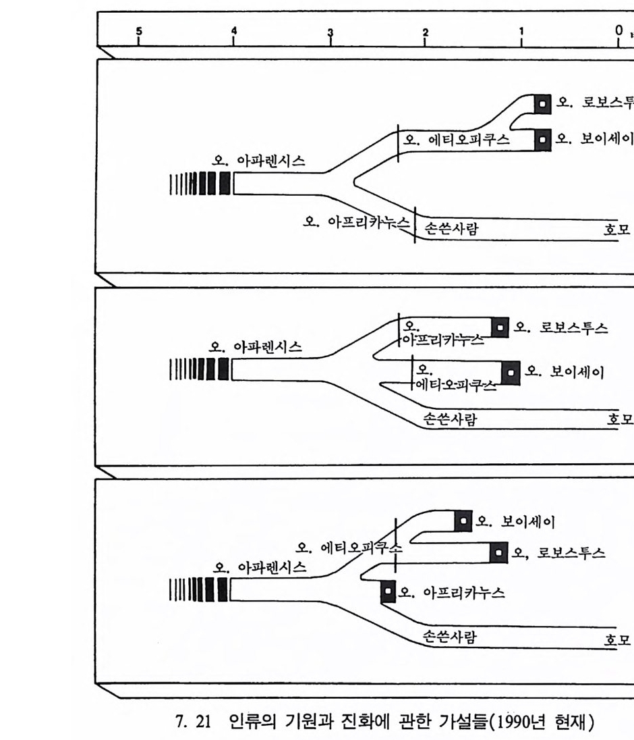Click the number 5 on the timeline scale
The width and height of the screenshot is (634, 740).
tap(139, 31)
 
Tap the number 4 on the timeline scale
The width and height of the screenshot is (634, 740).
tap(234, 31)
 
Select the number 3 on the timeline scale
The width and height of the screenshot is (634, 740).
tap(330, 32)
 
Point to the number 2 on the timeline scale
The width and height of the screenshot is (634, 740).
tap(425, 32)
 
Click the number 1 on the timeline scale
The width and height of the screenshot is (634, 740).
tap(521, 31)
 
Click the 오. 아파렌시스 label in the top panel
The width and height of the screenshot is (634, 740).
tap(258, 161)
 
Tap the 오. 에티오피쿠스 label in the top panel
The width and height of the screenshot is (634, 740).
tap(457, 140)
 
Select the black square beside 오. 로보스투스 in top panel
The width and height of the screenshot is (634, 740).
tap(543, 103)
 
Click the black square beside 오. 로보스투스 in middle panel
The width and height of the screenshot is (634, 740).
tap(500, 327)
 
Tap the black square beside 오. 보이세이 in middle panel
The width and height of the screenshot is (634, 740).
tap(511, 372)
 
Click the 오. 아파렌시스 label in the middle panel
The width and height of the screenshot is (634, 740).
tap(256, 348)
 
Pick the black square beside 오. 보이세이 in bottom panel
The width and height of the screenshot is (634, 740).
tap(463, 521)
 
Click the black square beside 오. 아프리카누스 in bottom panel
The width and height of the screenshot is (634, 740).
tap(388, 592)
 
